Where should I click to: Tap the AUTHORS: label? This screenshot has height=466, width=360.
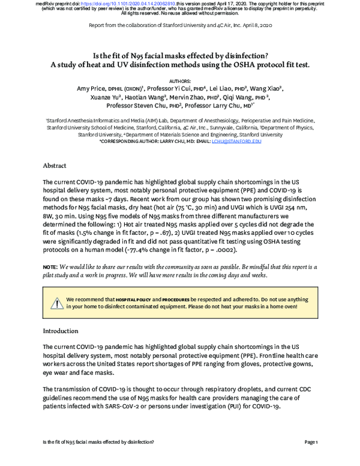[x=179, y=80]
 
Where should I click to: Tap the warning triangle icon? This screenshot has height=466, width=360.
[x=56, y=301]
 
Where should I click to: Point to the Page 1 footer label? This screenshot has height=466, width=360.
[x=311, y=443]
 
